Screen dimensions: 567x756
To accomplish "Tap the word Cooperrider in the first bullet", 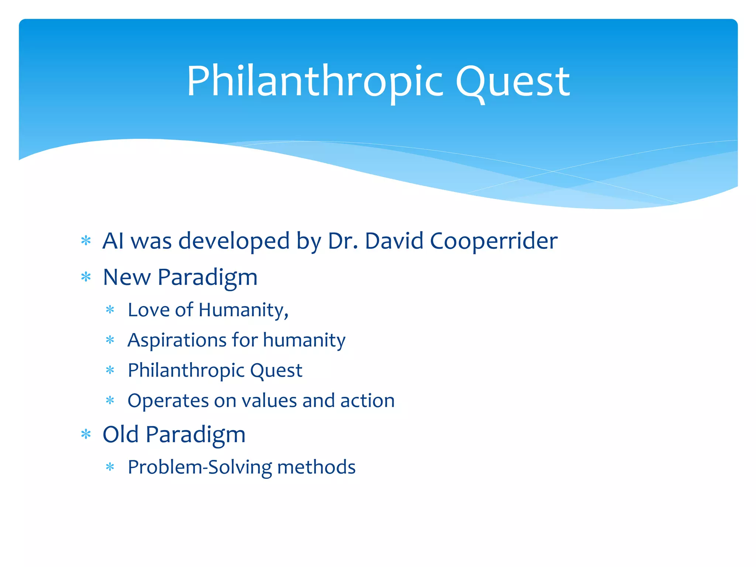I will pos(494,241).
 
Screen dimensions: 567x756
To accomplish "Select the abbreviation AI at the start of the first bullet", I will pos(113,241).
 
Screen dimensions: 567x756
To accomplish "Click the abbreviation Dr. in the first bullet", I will pos(343,241).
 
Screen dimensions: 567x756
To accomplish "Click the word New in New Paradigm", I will pos(127,277).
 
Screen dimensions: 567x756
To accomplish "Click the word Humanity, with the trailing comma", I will pos(244,310).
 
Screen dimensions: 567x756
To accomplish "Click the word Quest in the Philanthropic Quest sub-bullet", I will pos(276,370).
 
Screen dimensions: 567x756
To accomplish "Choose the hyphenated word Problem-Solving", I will pos(200,467).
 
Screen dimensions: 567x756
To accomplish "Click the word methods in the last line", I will pos(316,467).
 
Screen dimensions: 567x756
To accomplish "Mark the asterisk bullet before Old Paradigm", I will pos(86,434).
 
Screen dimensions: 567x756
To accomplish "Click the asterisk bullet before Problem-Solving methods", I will pos(110,468).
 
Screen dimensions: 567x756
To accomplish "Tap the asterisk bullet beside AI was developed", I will pos(86,241).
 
